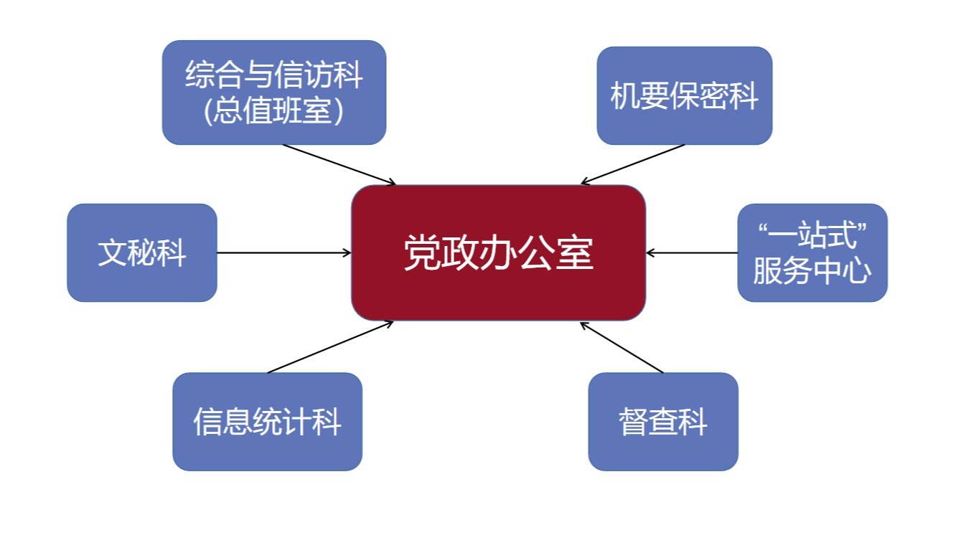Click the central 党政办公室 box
(498, 252)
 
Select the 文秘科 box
(142, 252)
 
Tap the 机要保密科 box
(684, 95)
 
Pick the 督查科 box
(662, 421)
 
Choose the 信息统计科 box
(267, 421)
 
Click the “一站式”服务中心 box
(812, 252)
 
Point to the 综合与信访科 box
(273, 92)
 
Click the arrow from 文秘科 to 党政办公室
(284, 252)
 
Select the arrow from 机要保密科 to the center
(633, 164)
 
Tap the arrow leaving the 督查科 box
(621, 347)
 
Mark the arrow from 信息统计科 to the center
(330, 347)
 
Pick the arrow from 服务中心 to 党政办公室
(692, 252)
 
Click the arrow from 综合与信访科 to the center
(339, 164)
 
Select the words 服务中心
(812, 271)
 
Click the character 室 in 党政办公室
(575, 253)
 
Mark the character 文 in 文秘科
(113, 253)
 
